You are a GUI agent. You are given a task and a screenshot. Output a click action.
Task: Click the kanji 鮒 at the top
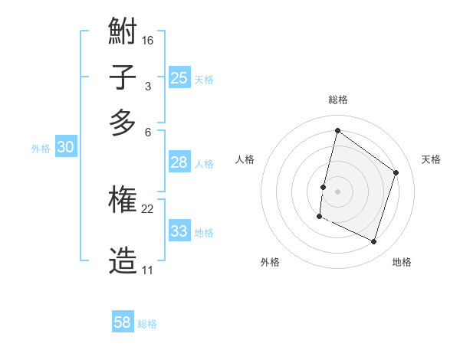(x=123, y=32)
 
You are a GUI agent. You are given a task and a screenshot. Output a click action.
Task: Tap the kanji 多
(x=123, y=123)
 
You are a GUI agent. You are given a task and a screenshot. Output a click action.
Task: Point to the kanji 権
(x=123, y=201)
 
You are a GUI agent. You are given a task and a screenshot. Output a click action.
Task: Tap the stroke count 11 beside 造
(x=147, y=270)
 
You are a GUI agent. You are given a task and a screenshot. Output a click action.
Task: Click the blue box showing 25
(x=179, y=77)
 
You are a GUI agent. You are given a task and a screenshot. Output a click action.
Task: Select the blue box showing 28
(x=179, y=162)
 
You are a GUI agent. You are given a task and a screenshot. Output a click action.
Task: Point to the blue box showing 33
(x=179, y=231)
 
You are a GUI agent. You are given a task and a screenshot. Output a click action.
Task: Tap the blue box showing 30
(x=65, y=148)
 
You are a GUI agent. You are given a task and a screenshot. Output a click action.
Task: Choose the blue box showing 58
(x=123, y=322)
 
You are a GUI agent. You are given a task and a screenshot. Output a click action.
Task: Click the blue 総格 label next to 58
(x=147, y=324)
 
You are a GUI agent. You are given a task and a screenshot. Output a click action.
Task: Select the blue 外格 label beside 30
(x=41, y=149)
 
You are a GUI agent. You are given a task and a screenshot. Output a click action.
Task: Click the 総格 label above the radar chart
(x=337, y=100)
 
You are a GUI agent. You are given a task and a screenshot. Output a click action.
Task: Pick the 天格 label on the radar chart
(x=431, y=159)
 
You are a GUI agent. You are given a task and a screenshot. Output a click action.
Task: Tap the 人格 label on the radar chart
(x=245, y=159)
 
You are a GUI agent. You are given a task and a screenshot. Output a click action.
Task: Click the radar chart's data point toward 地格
(x=373, y=242)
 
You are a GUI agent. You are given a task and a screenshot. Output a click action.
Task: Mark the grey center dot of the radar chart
(x=337, y=191)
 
